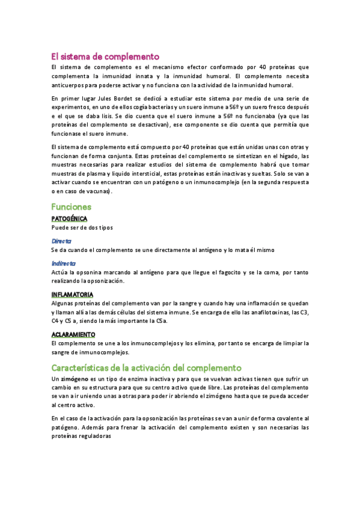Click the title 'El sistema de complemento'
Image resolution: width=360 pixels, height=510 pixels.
pos(105,56)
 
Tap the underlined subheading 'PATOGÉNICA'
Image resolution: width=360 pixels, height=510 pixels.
pos(69,218)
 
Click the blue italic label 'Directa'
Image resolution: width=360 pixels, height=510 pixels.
pos(61,240)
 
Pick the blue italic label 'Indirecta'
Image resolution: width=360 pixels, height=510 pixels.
pos(64,263)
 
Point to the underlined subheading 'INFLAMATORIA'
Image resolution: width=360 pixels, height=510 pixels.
pos(72,295)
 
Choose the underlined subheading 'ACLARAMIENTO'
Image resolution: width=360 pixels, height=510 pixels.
pos(73,334)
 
